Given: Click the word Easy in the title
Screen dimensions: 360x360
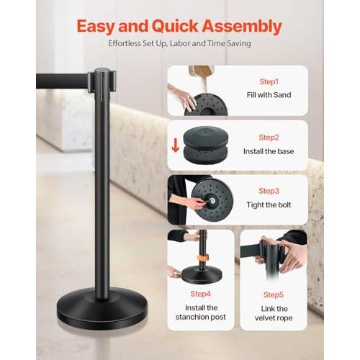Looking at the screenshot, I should click(101, 27).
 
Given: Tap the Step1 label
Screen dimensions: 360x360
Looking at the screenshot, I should click(269, 82).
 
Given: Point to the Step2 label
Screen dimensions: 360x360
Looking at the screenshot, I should click(269, 137).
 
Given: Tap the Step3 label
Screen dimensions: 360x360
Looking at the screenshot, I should click(269, 191).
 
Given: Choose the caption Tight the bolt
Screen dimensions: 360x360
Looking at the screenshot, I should click(269, 204).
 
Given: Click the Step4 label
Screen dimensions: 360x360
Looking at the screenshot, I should click(200, 293).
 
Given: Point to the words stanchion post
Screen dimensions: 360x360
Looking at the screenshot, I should click(200, 318).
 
